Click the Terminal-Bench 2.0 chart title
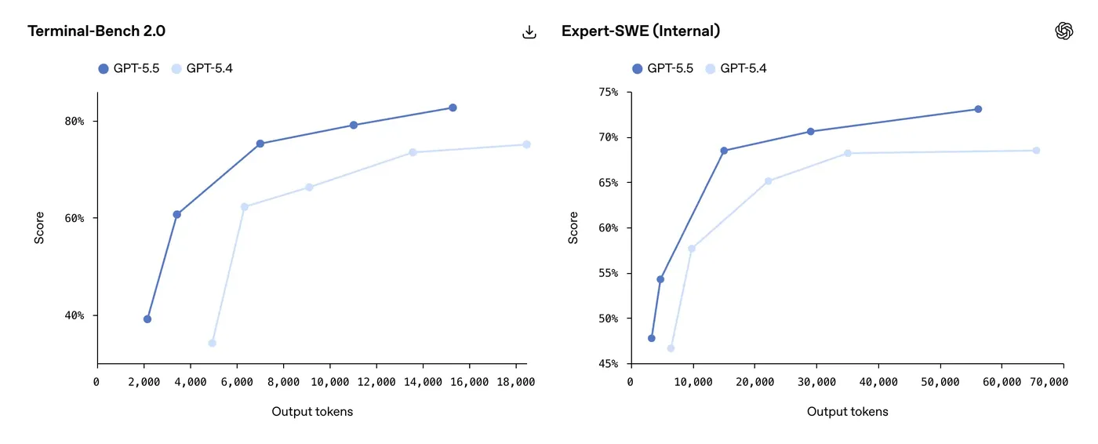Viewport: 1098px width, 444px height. (96, 31)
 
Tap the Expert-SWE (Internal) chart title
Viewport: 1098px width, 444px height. (641, 31)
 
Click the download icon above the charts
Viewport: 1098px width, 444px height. (529, 32)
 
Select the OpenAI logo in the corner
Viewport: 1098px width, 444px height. (1063, 31)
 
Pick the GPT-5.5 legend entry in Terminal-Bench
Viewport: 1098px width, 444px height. (129, 68)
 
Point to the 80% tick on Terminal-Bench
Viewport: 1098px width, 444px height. (75, 122)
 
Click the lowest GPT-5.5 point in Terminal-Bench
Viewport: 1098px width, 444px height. (147, 319)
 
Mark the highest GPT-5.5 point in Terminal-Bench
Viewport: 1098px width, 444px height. (453, 107)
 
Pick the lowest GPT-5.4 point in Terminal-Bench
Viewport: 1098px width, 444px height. (212, 343)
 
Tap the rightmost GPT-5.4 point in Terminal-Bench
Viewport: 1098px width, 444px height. (526, 144)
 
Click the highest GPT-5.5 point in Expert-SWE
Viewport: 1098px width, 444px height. (978, 109)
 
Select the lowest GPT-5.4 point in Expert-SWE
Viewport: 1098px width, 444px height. (671, 348)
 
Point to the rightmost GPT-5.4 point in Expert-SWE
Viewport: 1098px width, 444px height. (1036, 151)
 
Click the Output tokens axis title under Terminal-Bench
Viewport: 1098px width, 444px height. (312, 412)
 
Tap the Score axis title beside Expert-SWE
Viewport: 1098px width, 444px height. (573, 227)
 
